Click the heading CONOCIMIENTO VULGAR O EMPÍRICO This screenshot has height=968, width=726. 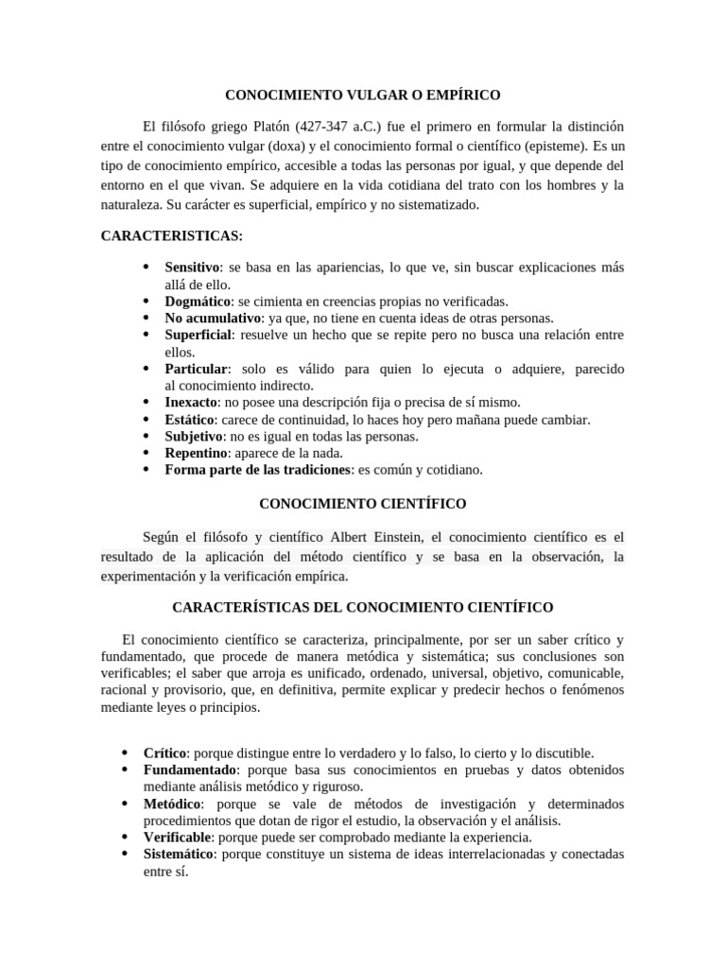362,95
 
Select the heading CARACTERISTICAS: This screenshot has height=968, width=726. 158,235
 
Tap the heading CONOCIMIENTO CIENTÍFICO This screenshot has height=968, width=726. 362,504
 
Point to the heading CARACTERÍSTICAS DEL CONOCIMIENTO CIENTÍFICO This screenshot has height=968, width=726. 362,606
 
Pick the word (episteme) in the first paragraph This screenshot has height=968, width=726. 551,146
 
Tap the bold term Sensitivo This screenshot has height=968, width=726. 192,268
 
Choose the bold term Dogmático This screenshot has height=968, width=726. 198,302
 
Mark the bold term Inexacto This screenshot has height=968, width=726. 192,402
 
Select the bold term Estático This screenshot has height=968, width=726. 189,419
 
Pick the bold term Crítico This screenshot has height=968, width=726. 164,753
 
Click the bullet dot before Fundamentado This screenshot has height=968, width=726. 125,770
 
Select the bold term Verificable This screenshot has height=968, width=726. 177,838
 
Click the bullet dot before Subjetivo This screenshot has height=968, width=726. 146,436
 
